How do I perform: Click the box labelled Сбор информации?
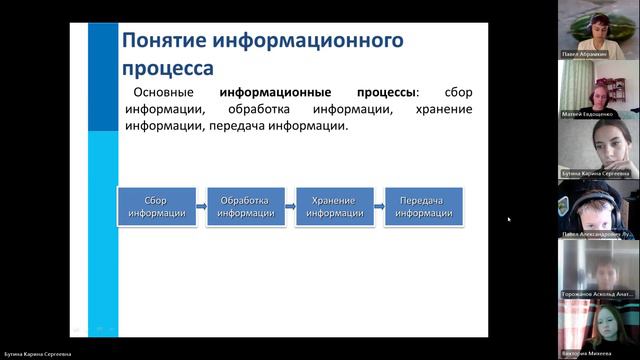point(156,206)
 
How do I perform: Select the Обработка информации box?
point(245,206)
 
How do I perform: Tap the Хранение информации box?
point(334,206)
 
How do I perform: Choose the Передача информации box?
point(424,206)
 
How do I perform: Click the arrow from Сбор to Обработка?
point(200,206)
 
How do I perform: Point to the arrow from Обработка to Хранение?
point(290,206)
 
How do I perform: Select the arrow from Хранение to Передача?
point(379,206)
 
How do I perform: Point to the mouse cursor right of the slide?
point(508,219)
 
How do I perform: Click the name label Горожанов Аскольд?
point(598,294)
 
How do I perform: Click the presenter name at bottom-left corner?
point(37,354)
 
